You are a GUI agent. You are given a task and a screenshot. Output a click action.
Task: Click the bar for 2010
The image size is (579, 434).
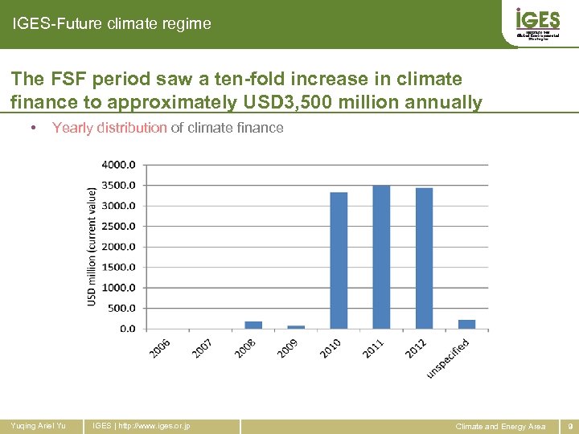point(339,260)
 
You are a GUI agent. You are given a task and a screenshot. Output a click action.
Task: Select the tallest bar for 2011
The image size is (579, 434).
point(381,257)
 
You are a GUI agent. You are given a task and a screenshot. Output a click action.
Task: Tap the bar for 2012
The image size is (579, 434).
point(424,259)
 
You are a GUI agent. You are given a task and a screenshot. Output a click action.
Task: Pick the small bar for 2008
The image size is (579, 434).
point(253,325)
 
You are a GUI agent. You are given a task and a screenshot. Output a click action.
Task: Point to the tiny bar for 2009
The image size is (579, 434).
point(296,327)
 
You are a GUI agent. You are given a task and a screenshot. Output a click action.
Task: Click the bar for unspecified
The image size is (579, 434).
point(466,324)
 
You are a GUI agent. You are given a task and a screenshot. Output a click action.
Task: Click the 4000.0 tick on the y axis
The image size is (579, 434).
point(118,165)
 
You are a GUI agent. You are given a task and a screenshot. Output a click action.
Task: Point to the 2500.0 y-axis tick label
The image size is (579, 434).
point(118,227)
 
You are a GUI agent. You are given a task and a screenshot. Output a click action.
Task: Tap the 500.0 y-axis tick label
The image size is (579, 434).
point(121,308)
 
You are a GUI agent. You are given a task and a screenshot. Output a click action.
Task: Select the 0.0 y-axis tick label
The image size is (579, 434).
point(127,329)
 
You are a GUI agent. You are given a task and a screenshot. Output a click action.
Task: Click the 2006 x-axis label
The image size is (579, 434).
point(160,348)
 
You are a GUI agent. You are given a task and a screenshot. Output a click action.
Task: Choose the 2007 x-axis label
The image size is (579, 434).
point(203,348)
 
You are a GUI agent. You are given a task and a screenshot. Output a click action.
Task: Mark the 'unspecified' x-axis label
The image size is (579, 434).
point(448,356)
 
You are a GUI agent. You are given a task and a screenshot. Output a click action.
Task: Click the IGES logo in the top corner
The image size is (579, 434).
point(537,23)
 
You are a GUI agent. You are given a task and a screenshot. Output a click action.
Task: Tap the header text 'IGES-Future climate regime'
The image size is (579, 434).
point(112,24)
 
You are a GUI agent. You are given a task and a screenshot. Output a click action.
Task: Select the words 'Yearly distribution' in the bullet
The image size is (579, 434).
point(109,128)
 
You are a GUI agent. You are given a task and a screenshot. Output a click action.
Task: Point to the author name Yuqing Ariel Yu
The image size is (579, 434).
point(37,425)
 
